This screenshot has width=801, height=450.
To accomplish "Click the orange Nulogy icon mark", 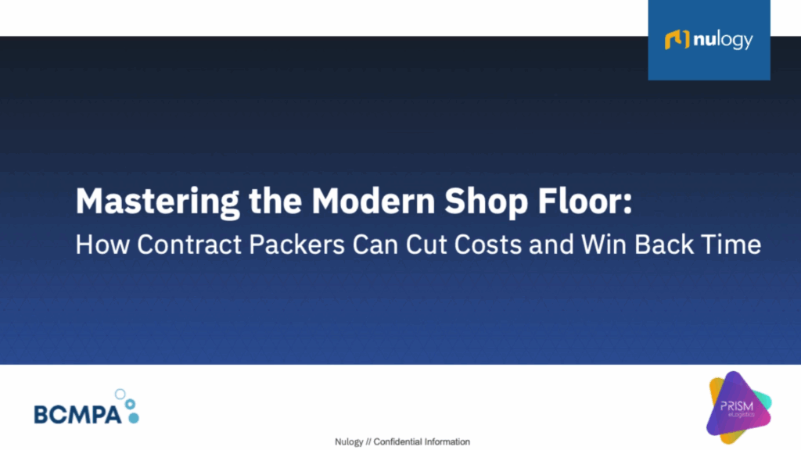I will pos(675,40).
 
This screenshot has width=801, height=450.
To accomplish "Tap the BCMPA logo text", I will pos(77,414).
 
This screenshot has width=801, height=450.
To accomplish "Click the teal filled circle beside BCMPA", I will pos(134,419).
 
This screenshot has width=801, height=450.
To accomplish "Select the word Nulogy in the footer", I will pos(349,442).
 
